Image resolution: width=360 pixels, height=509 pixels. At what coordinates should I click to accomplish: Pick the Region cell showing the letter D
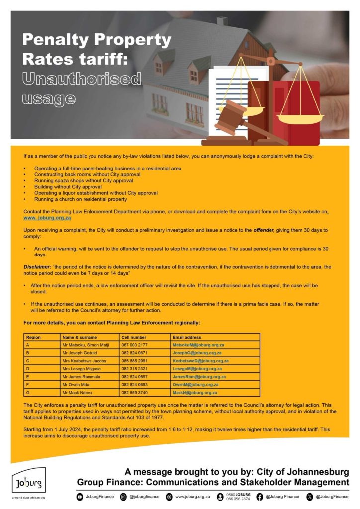tap(28, 369)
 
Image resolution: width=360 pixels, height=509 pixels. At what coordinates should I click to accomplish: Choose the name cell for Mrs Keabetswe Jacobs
tap(85, 361)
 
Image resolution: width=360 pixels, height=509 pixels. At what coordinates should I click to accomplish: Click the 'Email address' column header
tap(186, 337)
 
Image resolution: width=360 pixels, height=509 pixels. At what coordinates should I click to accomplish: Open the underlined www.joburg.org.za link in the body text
tap(47, 218)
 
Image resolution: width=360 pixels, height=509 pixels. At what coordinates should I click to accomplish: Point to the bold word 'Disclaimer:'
tap(35, 267)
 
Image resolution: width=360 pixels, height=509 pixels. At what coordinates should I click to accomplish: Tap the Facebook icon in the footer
tap(259, 497)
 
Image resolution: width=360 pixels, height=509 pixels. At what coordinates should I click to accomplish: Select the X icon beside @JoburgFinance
tap(310, 497)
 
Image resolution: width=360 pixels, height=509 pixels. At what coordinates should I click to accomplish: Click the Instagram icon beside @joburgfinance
tap(123, 497)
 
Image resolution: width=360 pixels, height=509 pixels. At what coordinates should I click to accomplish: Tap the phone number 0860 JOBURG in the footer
tap(238, 494)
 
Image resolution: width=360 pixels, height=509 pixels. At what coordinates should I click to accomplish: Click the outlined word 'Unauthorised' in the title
tap(82, 79)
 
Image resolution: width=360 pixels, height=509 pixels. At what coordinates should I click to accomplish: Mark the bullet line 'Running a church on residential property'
tap(81, 199)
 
